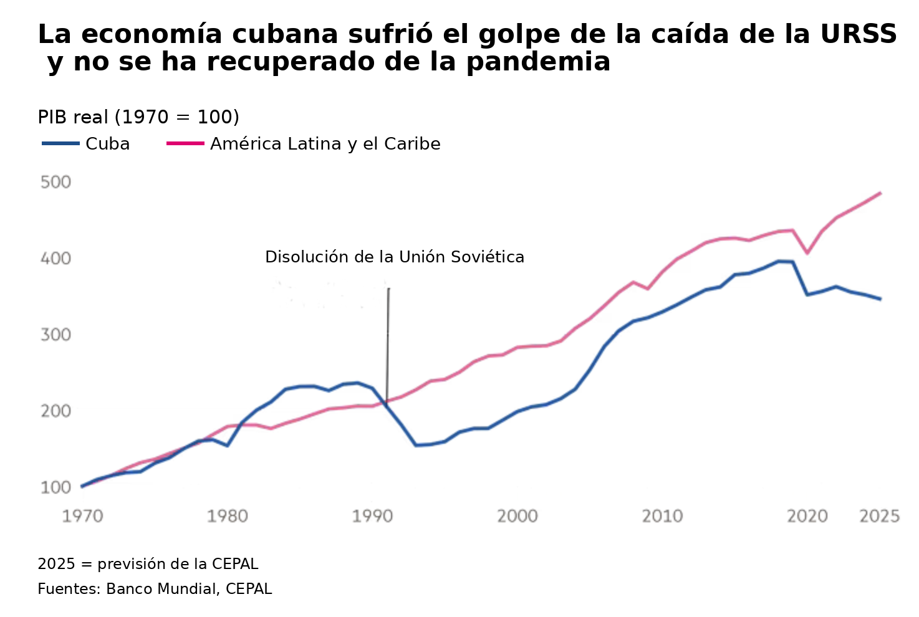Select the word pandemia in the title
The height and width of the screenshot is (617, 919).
(x=538, y=62)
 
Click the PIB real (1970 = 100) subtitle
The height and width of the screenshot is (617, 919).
(x=138, y=117)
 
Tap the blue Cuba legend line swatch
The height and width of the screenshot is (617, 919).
(x=60, y=144)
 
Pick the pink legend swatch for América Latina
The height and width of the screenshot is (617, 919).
(x=185, y=144)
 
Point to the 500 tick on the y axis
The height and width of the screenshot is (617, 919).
(x=55, y=183)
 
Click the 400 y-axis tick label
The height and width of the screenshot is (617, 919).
(x=55, y=259)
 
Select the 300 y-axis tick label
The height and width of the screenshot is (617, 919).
(x=55, y=335)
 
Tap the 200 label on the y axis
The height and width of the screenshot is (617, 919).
(x=55, y=411)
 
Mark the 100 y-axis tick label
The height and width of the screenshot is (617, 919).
(x=55, y=487)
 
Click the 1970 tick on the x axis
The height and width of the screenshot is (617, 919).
(x=82, y=516)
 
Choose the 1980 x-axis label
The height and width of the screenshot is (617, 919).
(x=228, y=516)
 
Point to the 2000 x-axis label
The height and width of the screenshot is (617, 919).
(x=517, y=516)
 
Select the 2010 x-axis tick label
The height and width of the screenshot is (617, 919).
(x=662, y=516)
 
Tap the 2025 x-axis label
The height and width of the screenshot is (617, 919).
(x=879, y=516)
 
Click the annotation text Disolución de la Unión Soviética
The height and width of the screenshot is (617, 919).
(x=394, y=257)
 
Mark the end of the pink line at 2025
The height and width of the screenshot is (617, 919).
(x=880, y=193)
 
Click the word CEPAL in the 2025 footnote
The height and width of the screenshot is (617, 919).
(x=234, y=564)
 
